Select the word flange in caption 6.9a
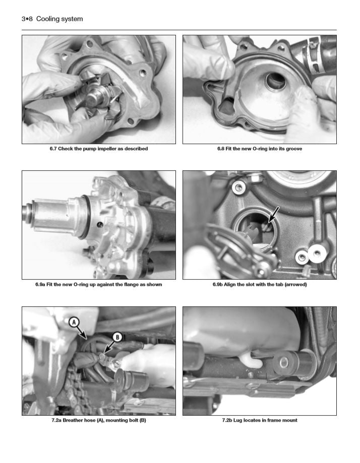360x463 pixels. click(x=130, y=285)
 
